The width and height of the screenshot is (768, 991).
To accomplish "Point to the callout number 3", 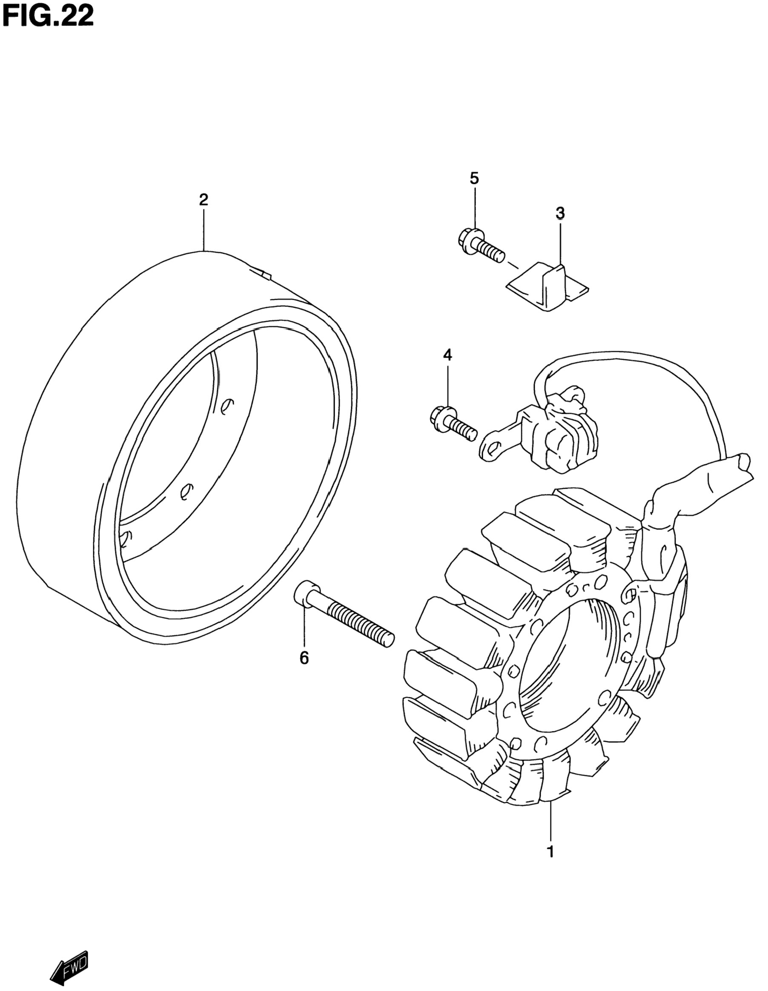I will click(560, 212).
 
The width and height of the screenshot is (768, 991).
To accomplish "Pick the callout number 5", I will click(474, 178).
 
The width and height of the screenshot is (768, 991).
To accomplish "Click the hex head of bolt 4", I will click(438, 415).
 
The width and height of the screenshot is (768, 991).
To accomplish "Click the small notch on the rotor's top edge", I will click(262, 272).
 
